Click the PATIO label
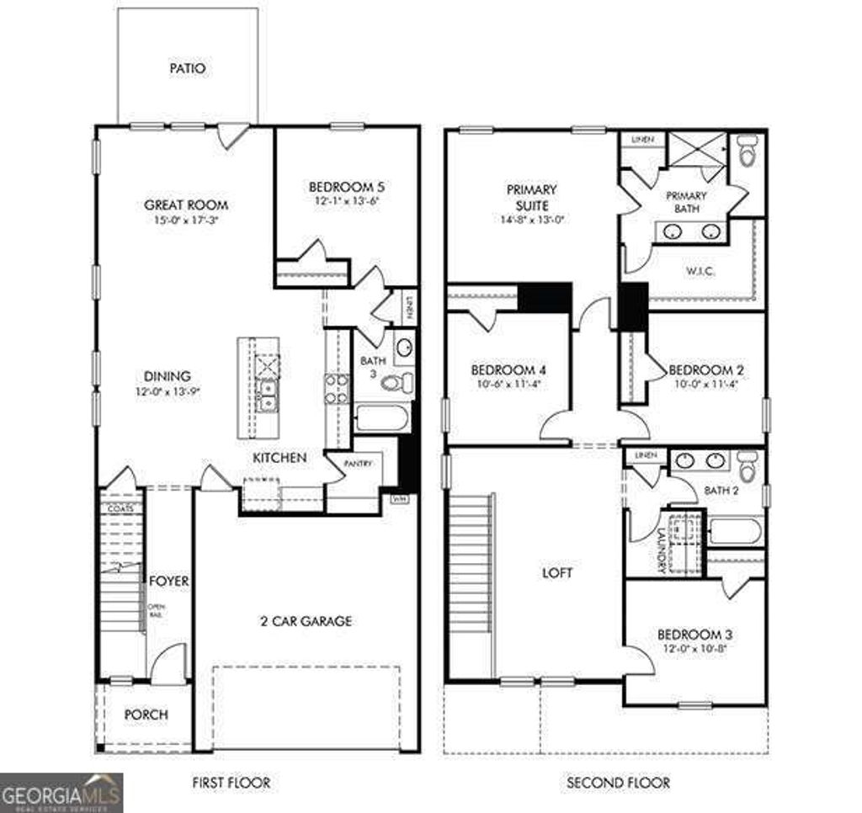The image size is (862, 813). pos(187,68)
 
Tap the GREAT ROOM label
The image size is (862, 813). pos(186,205)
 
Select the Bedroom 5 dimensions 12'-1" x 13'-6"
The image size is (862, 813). pos(347,203)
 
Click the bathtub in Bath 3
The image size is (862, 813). pos(382,418)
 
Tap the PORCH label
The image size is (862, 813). pos(146,715)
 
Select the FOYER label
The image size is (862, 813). pos(169,582)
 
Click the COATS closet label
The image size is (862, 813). pos(120,509)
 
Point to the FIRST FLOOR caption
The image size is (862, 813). pos(231,783)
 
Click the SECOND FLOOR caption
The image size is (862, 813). pos(619,783)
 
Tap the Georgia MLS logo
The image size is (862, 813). pos(61,792)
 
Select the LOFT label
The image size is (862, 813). pos(557,573)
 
